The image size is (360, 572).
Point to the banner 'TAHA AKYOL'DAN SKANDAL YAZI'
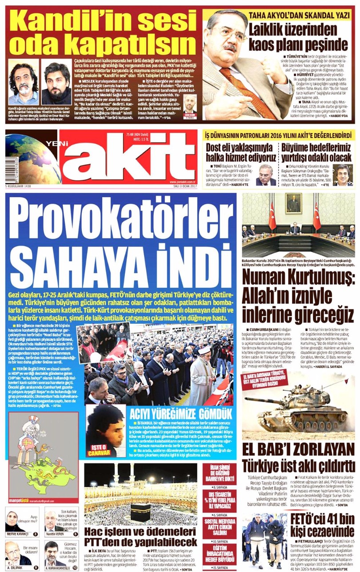coord(296,15)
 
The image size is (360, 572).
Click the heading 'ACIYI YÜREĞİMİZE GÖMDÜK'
coord(180,414)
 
